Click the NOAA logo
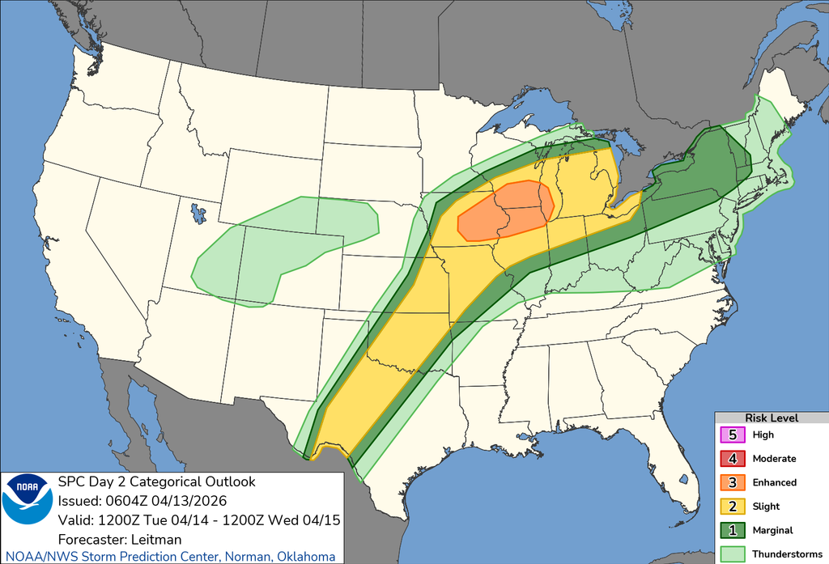27,499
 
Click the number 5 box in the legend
733,435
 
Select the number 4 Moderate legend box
733,459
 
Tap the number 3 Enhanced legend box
733,482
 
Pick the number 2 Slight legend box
733,507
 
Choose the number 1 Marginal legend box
733,531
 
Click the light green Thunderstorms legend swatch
733,554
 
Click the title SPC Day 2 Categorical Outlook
157,482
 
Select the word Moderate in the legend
774,459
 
